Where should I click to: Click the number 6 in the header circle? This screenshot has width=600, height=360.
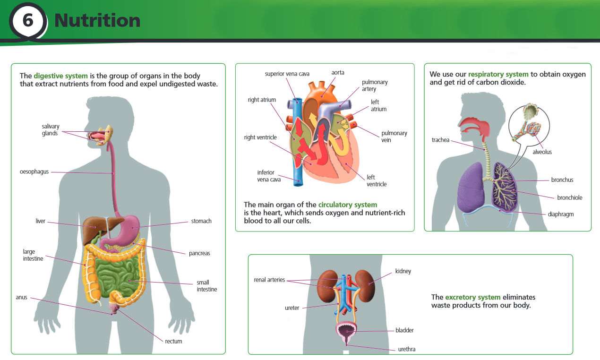click(x=28, y=21)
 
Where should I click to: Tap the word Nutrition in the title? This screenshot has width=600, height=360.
click(x=97, y=21)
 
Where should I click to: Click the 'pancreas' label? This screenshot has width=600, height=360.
click(x=199, y=253)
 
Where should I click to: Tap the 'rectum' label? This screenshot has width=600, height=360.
click(x=173, y=341)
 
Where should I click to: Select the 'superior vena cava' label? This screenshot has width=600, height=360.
click(x=287, y=74)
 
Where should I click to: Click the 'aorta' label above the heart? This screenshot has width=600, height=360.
click(x=338, y=73)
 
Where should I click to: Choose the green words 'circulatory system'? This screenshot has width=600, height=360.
click(x=348, y=205)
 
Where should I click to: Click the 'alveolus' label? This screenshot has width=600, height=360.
click(x=542, y=152)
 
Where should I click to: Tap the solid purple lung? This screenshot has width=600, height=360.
click(x=470, y=187)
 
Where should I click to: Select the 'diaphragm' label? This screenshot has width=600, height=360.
click(x=561, y=214)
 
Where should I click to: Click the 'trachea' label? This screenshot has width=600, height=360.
click(x=440, y=140)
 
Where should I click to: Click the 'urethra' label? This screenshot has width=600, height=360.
click(x=407, y=350)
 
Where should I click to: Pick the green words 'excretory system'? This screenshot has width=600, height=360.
click(x=472, y=297)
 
